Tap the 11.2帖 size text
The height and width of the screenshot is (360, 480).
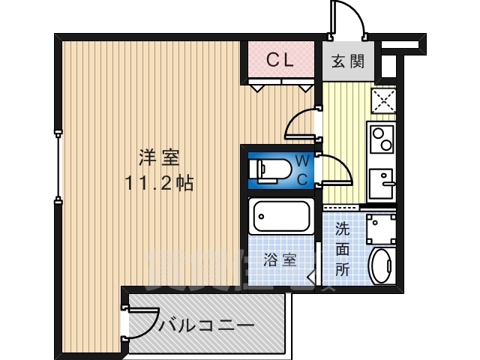point(158,182)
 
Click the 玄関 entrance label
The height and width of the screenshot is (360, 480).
point(349,61)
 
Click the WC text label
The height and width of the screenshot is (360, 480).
point(301,169)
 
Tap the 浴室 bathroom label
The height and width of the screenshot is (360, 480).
point(280,260)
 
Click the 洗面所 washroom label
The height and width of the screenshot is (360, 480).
point(342,248)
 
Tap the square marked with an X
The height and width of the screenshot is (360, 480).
point(383,100)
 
